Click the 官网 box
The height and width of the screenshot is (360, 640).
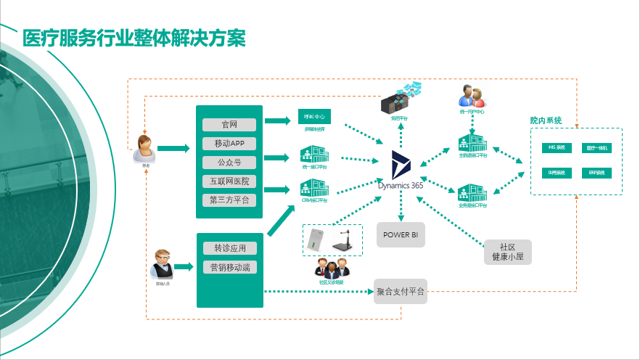tap(229, 124)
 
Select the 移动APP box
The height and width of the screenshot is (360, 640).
tap(229, 143)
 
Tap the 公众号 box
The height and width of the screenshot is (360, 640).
tap(229, 162)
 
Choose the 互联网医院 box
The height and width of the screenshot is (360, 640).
tap(229, 181)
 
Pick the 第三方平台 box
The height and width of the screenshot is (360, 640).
tap(229, 200)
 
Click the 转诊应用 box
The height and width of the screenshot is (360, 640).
tap(229, 248)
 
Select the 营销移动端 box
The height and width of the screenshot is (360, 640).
tap(229, 267)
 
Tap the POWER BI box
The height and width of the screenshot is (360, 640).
tap(401, 235)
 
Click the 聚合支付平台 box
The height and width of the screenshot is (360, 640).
tap(401, 292)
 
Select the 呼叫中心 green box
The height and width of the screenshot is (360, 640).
tap(314, 117)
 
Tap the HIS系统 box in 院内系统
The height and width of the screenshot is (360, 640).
tap(557, 147)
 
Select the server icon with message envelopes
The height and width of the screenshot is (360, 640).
tap(401, 99)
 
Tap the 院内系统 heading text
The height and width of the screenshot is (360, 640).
tap(546, 120)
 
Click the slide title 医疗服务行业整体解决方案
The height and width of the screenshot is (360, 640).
tap(134, 38)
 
